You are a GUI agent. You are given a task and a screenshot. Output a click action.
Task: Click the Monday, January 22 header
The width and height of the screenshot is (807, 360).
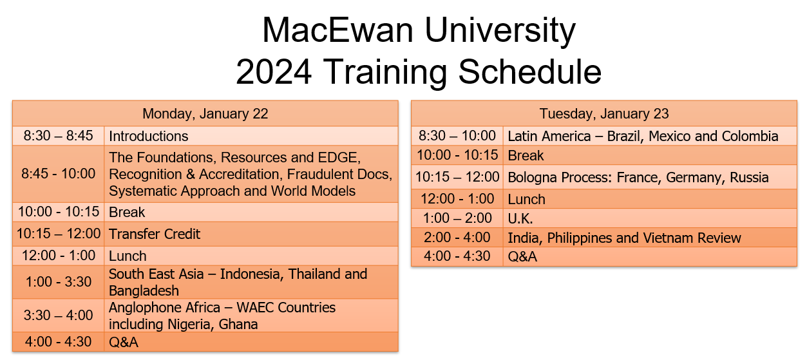click(205, 114)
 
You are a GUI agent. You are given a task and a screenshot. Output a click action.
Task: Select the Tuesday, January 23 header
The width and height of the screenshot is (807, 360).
click(603, 114)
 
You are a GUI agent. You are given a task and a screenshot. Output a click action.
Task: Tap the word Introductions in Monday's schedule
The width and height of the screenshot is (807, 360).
click(149, 136)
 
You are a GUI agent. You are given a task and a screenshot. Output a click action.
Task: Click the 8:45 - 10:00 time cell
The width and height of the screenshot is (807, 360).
click(59, 174)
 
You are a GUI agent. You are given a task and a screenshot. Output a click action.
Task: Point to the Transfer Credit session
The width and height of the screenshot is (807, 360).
click(155, 234)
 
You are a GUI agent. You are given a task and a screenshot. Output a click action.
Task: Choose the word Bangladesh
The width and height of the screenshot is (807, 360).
click(144, 290)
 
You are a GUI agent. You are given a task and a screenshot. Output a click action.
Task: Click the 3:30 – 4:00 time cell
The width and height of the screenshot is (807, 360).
click(59, 316)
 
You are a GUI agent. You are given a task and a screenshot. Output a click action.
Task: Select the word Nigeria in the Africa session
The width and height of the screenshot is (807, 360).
click(187, 324)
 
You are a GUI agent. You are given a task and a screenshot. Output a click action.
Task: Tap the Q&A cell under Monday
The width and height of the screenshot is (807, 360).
click(124, 341)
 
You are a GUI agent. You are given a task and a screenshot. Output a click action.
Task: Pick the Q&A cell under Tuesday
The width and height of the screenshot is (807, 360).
click(522, 256)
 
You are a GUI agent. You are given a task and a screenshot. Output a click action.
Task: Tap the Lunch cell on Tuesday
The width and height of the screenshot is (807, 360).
click(526, 199)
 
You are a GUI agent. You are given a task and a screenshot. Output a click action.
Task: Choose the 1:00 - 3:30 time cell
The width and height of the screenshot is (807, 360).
click(59, 282)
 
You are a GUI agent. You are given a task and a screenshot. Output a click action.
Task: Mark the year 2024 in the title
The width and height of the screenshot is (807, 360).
click(275, 71)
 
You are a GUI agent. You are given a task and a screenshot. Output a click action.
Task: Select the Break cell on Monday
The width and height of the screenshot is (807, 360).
click(127, 212)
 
